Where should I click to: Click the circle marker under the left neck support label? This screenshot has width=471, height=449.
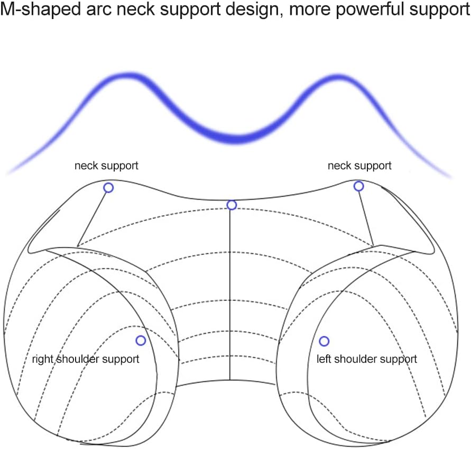click(x=108, y=187)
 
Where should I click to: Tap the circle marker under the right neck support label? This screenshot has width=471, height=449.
click(x=358, y=186)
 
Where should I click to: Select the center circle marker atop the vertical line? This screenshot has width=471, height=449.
click(x=232, y=205)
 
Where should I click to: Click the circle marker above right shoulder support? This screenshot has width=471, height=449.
click(x=140, y=340)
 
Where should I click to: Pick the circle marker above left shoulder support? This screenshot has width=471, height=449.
click(x=324, y=341)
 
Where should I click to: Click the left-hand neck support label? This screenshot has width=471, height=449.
click(x=106, y=166)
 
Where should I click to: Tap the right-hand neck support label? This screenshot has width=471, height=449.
click(x=359, y=166)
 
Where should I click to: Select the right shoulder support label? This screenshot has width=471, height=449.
click(x=86, y=359)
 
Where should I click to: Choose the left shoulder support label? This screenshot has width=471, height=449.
click(x=367, y=359)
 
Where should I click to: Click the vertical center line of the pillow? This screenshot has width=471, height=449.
click(x=230, y=296)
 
